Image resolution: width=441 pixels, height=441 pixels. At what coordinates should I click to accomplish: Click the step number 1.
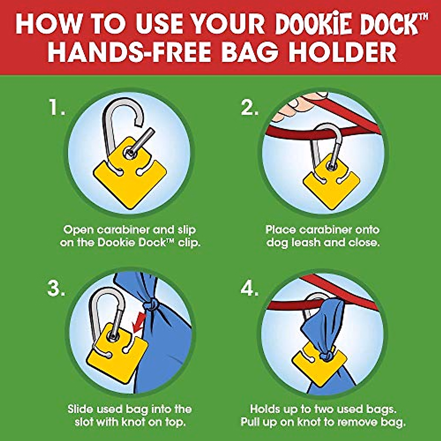(57, 108)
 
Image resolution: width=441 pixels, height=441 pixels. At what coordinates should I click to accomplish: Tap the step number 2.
(249, 108)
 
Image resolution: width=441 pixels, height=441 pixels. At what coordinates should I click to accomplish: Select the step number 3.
(56, 289)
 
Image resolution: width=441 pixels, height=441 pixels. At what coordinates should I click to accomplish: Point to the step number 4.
(250, 289)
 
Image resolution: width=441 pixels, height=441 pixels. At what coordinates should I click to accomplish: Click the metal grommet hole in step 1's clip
(129, 153)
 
